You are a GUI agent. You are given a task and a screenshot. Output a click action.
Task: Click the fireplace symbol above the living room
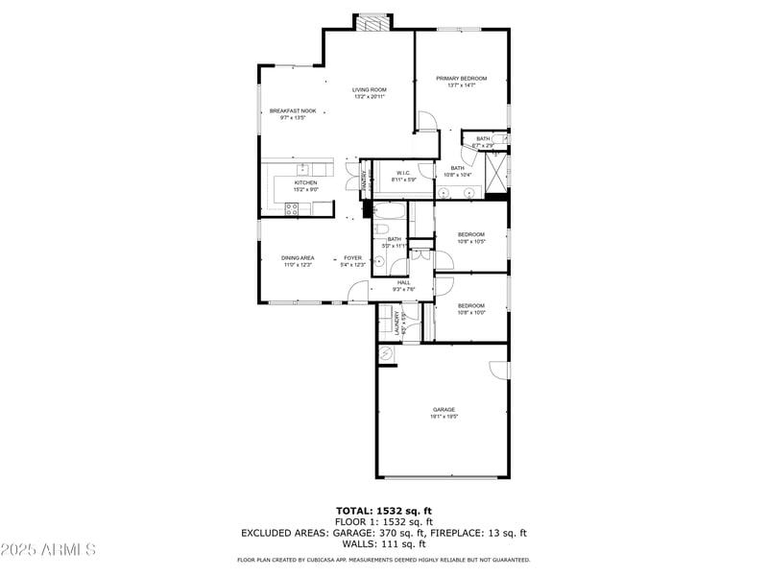pyautogui.click(x=372, y=23)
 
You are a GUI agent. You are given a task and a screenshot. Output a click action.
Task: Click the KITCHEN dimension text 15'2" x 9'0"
pyautogui.click(x=305, y=190)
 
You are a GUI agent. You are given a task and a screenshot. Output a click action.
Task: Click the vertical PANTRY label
pyautogui.click(x=364, y=178)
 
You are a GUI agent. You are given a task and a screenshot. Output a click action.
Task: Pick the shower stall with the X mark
pyautogui.click(x=496, y=173)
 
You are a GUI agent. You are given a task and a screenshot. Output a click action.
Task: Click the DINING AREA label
pyautogui.click(x=298, y=257)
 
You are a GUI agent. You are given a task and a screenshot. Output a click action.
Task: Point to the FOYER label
pyautogui.click(x=353, y=257)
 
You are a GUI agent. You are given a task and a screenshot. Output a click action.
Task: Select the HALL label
pyautogui.click(x=403, y=282)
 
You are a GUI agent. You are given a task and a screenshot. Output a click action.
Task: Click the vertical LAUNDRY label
pyautogui.click(x=396, y=323)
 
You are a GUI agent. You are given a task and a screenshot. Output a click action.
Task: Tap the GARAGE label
pyautogui.click(x=444, y=410)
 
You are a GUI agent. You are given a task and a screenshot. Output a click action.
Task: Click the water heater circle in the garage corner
pyautogui.click(x=386, y=354)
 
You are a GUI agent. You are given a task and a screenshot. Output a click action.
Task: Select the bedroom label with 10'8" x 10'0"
pyautogui.click(x=471, y=309)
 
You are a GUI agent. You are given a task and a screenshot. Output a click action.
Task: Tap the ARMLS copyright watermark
pyautogui.click(x=48, y=550)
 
